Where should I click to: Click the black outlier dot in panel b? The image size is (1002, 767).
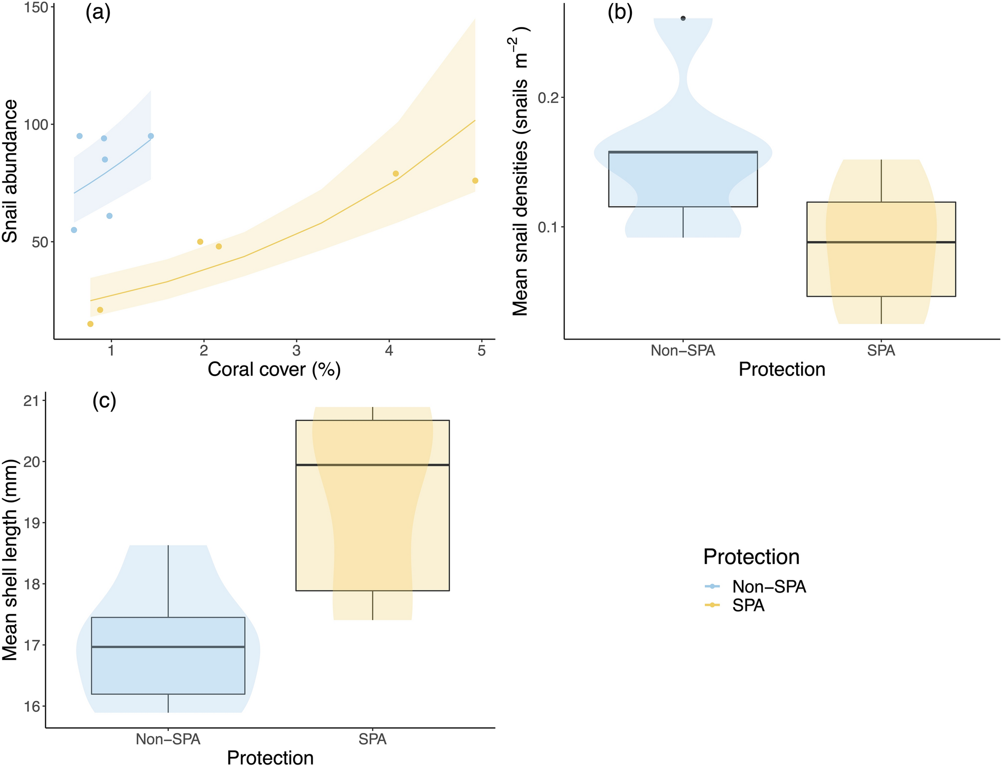coord(683,18)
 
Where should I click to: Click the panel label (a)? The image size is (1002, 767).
coord(98,12)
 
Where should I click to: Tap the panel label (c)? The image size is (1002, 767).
coord(104,400)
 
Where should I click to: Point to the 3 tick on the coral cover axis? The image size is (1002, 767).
coord(296,351)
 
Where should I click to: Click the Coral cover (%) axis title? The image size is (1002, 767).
coord(274,369)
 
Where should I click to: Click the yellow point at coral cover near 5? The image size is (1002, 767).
coord(475,180)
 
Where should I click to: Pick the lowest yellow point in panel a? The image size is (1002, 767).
coord(90,324)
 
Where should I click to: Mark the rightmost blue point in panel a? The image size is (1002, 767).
coord(151,136)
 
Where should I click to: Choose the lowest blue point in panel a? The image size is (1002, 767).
coord(74,230)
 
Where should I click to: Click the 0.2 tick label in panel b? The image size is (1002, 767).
coord(547,97)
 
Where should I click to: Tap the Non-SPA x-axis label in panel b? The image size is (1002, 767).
coord(683,350)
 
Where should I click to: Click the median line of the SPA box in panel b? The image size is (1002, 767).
coord(881,242)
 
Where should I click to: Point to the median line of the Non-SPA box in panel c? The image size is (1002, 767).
coord(168,647)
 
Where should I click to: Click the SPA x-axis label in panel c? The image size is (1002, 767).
coord(373,739)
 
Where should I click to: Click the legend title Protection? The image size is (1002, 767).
coord(751,556)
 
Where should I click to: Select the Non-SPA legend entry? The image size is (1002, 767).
coord(769,586)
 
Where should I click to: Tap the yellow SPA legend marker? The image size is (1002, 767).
coord(712,605)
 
